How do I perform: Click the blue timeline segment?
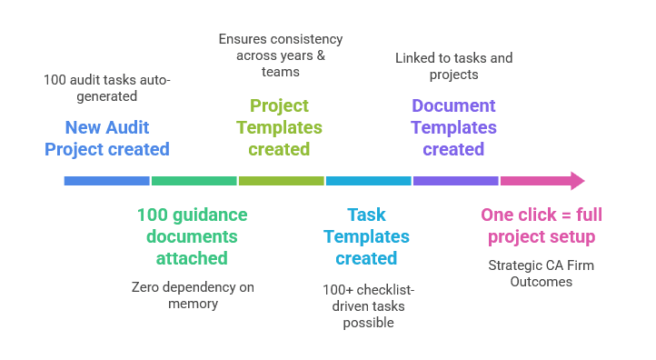(x=106, y=181)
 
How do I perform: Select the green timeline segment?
(x=194, y=181)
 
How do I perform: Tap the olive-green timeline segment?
(x=281, y=181)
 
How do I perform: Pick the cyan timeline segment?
(x=368, y=181)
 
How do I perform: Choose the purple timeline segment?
(x=455, y=181)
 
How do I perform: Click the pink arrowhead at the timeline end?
(x=576, y=181)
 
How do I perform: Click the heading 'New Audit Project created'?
(x=107, y=138)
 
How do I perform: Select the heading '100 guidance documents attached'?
(x=192, y=236)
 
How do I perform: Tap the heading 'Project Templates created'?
(x=279, y=127)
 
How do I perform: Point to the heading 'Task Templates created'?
(x=366, y=236)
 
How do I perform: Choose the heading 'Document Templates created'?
(x=453, y=127)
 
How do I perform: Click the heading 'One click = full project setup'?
(x=541, y=226)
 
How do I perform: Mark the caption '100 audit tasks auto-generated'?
(x=107, y=87)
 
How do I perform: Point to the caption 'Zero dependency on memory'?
(x=193, y=295)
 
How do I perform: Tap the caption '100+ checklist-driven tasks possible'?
(x=367, y=305)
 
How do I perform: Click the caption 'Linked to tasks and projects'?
(x=453, y=66)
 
